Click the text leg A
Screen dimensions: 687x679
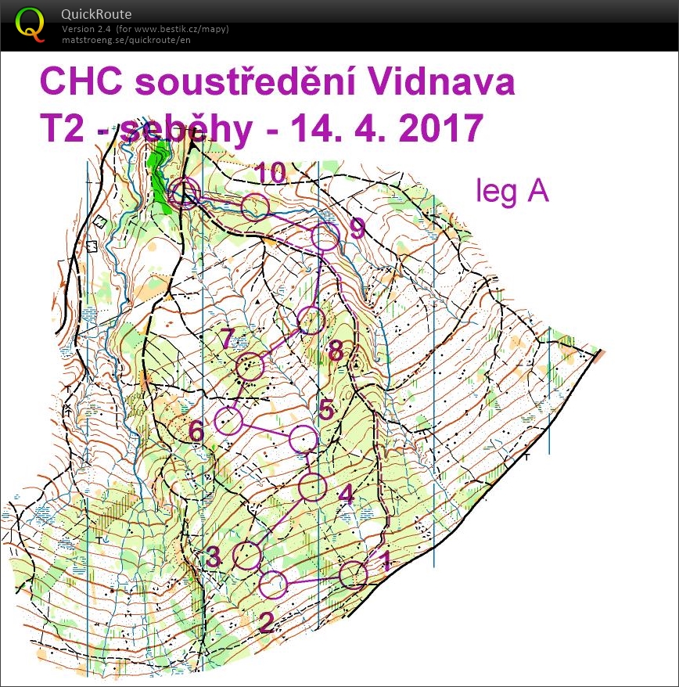(512, 191)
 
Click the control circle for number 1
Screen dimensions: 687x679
(354, 574)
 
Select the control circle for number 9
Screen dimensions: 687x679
(326, 236)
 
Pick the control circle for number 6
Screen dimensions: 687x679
(228, 421)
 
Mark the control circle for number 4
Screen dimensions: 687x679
(313, 487)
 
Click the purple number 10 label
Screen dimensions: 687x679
(269, 174)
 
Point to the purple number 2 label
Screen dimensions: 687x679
(266, 622)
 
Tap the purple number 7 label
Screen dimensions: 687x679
(226, 340)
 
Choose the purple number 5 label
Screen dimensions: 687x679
(326, 408)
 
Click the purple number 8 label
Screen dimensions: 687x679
(336, 351)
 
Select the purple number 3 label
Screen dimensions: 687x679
(214, 557)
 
